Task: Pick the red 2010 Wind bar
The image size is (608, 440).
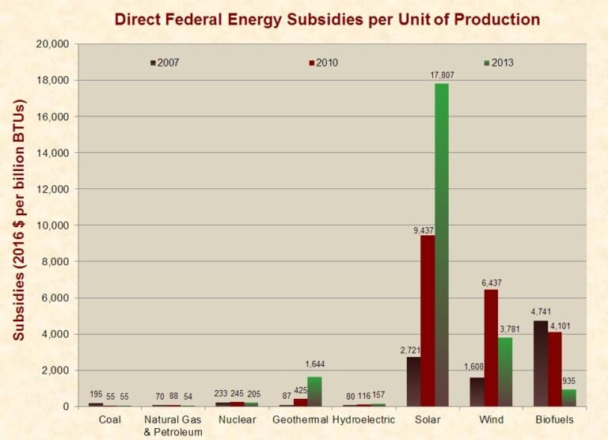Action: point(491,348)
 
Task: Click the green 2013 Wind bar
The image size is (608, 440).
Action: point(504,372)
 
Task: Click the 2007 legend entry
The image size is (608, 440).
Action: point(166,63)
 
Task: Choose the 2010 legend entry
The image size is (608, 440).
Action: point(325,63)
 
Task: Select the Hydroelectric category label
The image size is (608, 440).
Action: point(363,419)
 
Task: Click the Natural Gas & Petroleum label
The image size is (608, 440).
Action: point(173,425)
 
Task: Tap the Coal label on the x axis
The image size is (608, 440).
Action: point(109,419)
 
